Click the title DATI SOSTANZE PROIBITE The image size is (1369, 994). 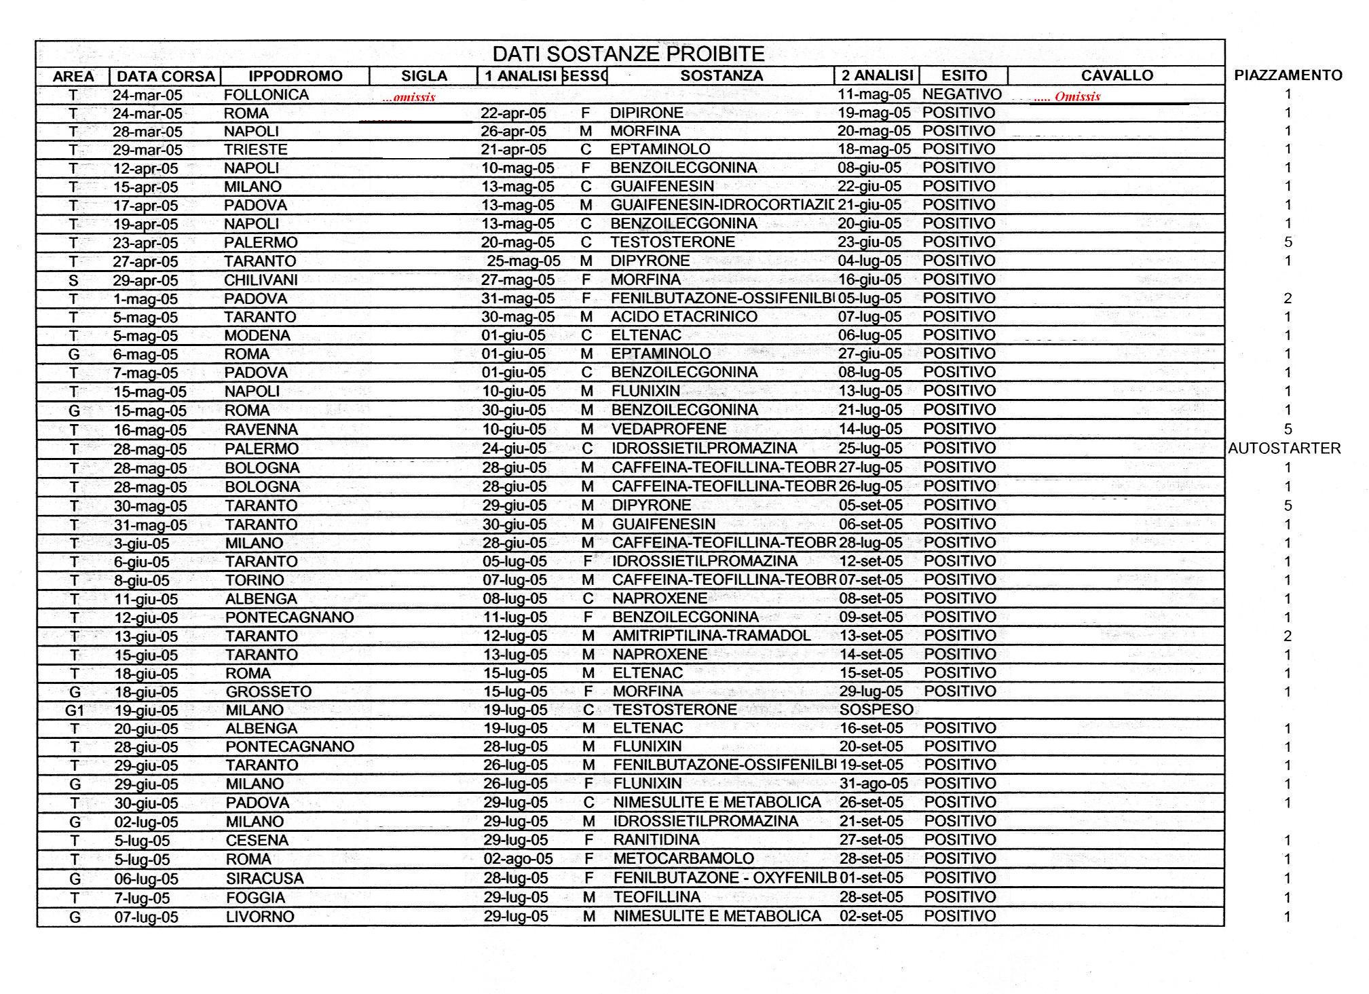click(x=628, y=54)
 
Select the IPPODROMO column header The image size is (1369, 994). click(x=295, y=76)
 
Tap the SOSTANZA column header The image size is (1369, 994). click(x=721, y=75)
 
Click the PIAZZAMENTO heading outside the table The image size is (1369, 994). click(x=1288, y=75)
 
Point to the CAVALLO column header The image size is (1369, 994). click(x=1117, y=75)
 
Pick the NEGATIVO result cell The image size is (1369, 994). click(x=962, y=94)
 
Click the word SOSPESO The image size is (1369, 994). click(x=876, y=710)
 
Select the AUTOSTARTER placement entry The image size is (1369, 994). click(x=1284, y=448)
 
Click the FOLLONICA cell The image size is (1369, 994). click(x=266, y=95)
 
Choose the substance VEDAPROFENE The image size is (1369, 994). click(x=669, y=429)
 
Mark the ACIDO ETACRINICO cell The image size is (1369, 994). click(x=683, y=317)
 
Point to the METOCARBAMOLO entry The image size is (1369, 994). click(x=683, y=859)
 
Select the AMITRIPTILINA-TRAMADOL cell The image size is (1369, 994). click(x=711, y=636)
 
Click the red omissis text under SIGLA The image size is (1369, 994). click(x=409, y=97)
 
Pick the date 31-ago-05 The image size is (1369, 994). click(x=874, y=784)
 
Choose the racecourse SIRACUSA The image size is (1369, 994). click(x=265, y=879)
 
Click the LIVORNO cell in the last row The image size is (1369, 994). click(x=260, y=917)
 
